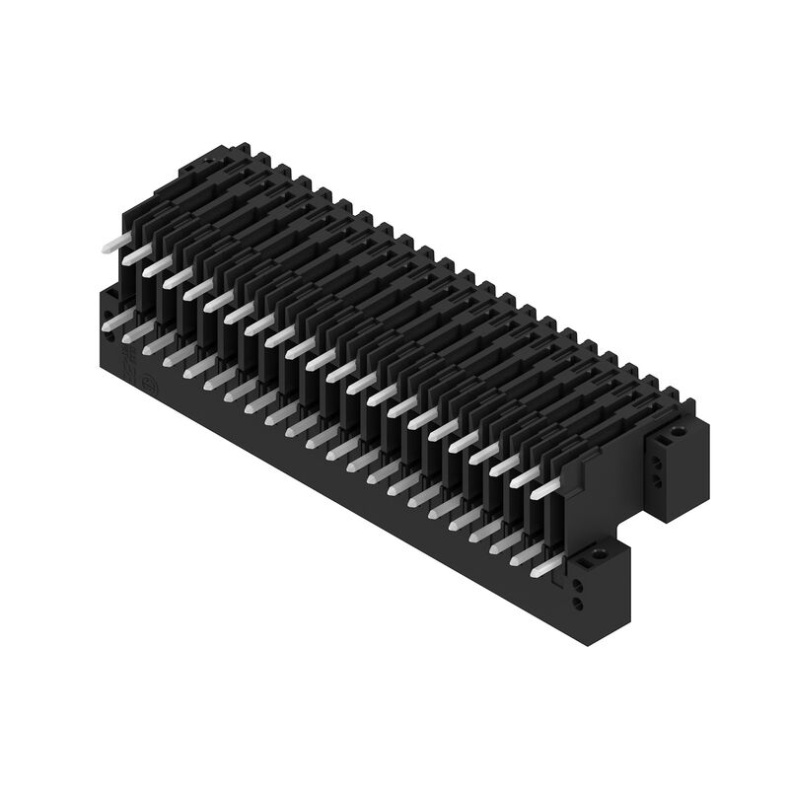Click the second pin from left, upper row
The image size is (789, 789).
click(136, 254)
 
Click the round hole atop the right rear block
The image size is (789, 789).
click(678, 431)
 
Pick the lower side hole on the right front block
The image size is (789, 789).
click(579, 604)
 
